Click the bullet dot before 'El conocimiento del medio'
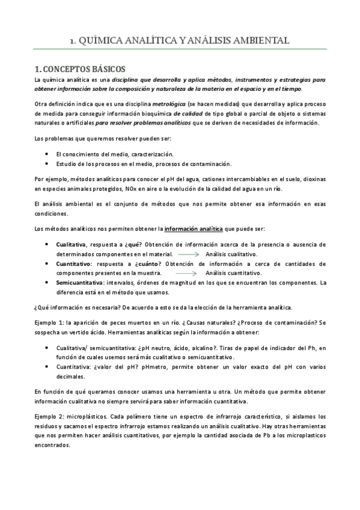[x=47, y=155]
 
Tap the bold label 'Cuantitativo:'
[x=74, y=263]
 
